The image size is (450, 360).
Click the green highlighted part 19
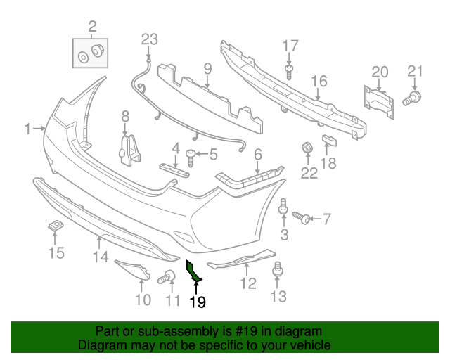pyautogui.click(x=192, y=274)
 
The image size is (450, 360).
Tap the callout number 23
pyautogui.click(x=150, y=39)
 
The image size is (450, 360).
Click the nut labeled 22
pyautogui.click(x=307, y=149)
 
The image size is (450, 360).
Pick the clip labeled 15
pyautogui.click(x=53, y=226)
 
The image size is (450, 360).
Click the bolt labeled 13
pyautogui.click(x=278, y=269)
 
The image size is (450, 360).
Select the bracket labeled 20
pyautogui.click(x=378, y=99)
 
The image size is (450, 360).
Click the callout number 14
pyautogui.click(x=101, y=257)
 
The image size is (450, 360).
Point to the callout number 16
pyautogui.click(x=320, y=82)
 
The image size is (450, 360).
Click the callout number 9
pyautogui.click(x=208, y=69)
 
